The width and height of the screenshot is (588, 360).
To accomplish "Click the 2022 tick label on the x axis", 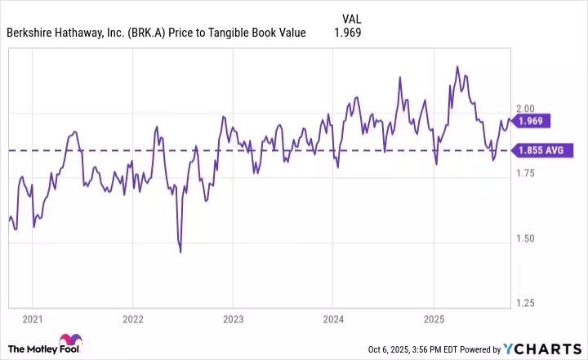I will click(x=132, y=318).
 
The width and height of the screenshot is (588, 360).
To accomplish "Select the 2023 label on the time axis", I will click(x=233, y=318).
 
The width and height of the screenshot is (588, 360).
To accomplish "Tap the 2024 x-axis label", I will click(x=333, y=318).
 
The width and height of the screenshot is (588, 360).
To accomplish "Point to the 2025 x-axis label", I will click(x=434, y=318).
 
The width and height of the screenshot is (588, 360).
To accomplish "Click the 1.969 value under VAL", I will click(x=347, y=33).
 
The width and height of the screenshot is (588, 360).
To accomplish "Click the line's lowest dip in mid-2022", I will click(x=180, y=252).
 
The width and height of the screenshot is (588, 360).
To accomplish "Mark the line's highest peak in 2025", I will click(x=457, y=67).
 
